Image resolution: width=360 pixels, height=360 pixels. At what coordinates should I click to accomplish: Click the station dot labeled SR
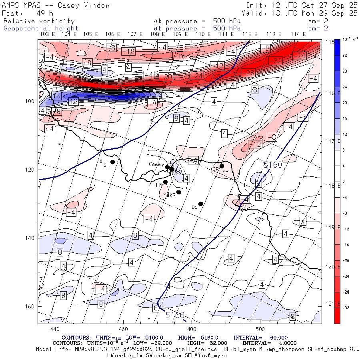113,162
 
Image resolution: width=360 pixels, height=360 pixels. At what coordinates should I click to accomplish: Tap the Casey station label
156,164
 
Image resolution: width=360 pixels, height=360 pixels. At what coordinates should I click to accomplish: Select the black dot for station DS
201,204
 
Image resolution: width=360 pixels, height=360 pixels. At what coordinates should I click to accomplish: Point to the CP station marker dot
222,166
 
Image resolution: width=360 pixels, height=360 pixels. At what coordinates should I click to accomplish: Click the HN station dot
165,182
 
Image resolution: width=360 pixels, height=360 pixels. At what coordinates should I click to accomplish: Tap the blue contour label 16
56,96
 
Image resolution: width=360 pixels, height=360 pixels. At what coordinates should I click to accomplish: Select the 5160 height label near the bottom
175,315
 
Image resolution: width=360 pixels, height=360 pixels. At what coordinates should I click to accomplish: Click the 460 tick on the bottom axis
123,329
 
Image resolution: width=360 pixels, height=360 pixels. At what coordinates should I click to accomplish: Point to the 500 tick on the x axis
260,329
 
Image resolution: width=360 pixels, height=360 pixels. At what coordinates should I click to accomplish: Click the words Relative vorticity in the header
39,21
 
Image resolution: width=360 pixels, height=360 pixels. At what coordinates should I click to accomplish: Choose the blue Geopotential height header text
41,28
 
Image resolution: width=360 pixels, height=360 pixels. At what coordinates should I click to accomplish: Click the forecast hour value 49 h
42,13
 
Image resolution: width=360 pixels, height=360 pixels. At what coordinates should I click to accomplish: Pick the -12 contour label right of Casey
255,144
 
